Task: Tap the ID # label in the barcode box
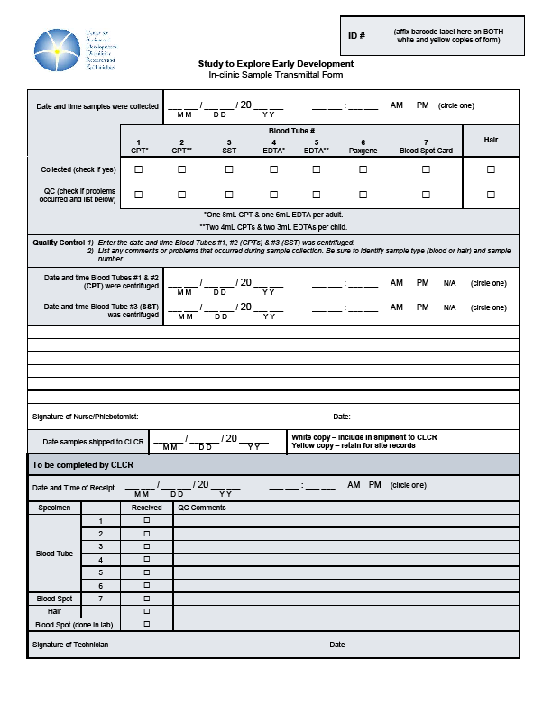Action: pyautogui.click(x=356, y=36)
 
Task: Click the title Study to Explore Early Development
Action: pyautogui.click(x=275, y=64)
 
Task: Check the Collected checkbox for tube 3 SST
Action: pyautogui.click(x=229, y=169)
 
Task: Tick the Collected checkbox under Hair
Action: pyautogui.click(x=491, y=169)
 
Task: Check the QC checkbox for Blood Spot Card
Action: pyautogui.click(x=426, y=194)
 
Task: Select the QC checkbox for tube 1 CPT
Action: pyautogui.click(x=139, y=194)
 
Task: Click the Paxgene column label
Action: pyautogui.click(x=363, y=151)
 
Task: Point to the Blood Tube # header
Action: pyautogui.click(x=290, y=132)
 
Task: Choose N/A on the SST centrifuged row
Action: pyautogui.click(x=449, y=308)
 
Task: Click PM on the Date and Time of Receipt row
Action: pyautogui.click(x=373, y=485)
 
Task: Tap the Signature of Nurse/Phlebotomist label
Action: pyautogui.click(x=85, y=416)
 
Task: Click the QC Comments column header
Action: pyautogui.click(x=201, y=508)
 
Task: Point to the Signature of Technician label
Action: pyautogui.click(x=70, y=645)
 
